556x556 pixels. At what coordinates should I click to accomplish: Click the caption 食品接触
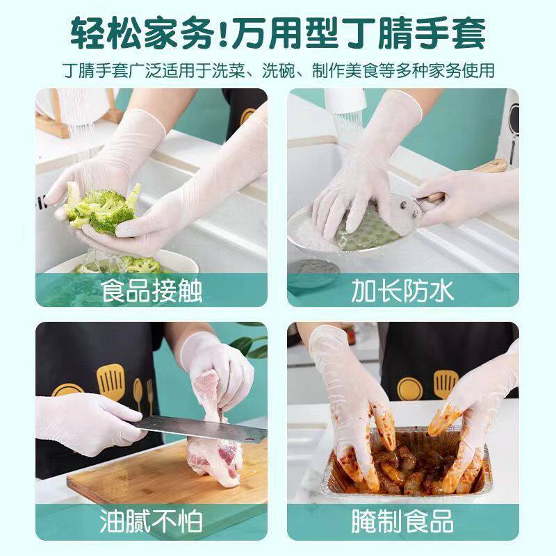(152, 290)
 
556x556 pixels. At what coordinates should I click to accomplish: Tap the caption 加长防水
(402, 290)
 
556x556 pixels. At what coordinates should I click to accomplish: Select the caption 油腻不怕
(152, 521)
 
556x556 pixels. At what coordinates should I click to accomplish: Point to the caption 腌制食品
(402, 521)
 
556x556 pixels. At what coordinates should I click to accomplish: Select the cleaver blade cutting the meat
(195, 427)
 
